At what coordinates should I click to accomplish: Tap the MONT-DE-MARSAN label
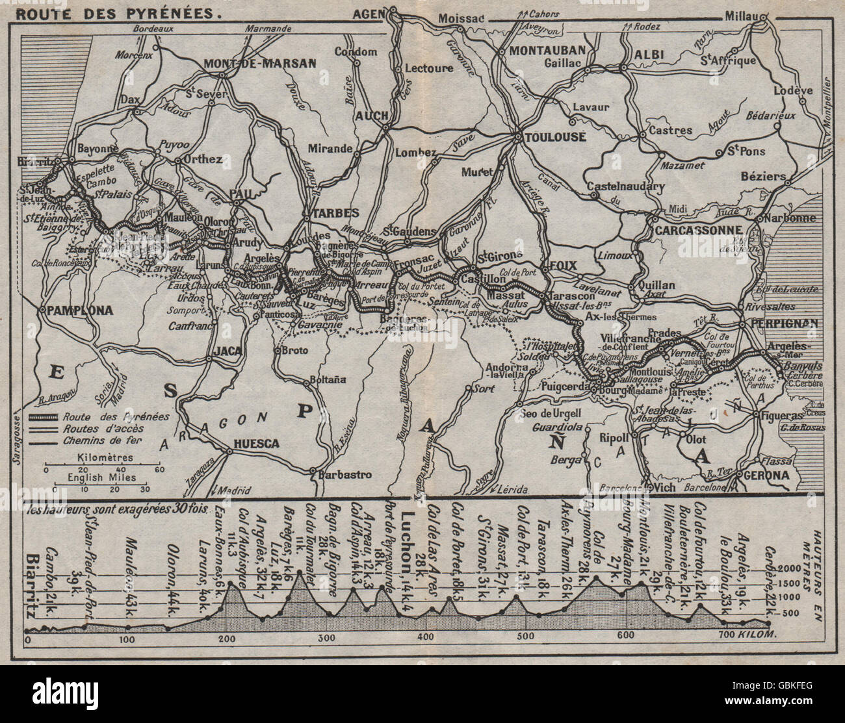click(x=260, y=64)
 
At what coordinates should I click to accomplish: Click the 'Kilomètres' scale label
click(x=105, y=457)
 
